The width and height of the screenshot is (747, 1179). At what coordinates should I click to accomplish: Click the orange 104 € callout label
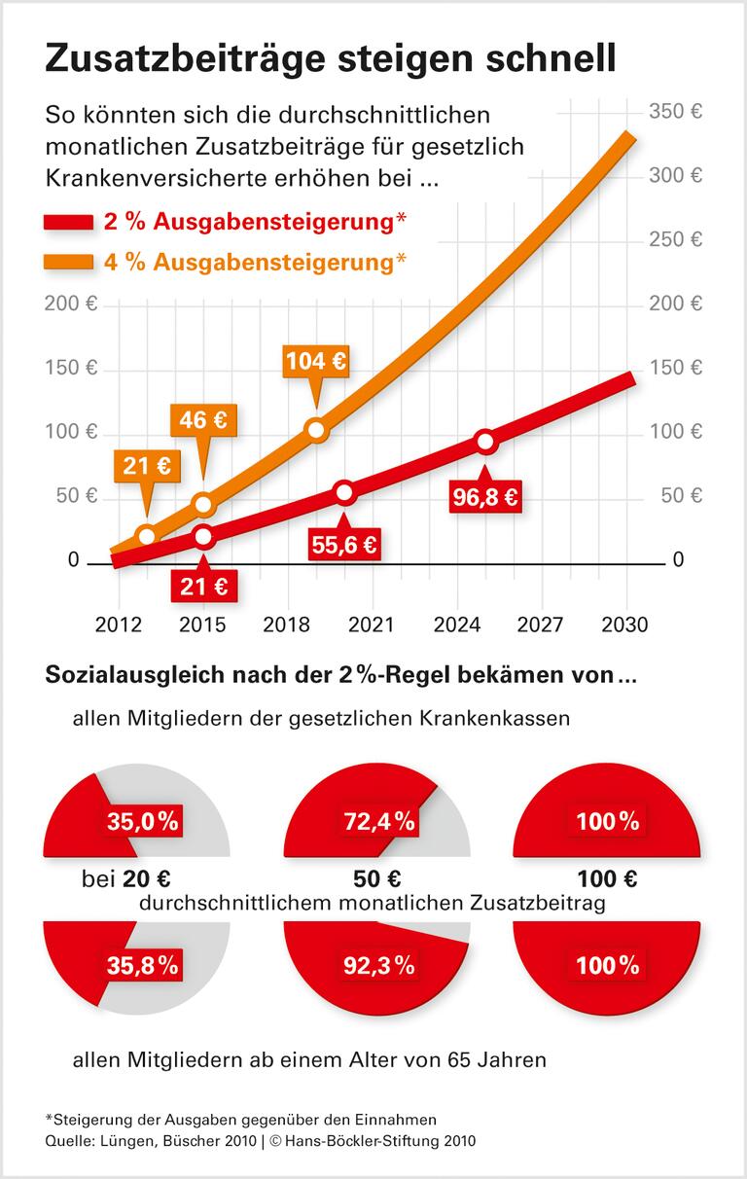(315, 362)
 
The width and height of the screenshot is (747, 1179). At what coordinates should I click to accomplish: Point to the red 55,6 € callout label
(344, 545)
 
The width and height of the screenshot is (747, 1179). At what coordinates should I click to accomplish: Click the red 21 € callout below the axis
(203, 586)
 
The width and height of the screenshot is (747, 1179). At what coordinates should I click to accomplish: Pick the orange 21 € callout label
(147, 467)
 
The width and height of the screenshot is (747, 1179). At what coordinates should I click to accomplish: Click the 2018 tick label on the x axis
(287, 625)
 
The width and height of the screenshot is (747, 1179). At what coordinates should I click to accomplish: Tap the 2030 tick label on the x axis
(624, 625)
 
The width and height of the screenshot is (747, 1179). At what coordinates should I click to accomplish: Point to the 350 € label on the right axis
(675, 111)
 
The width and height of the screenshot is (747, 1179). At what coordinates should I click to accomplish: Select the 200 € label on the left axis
(71, 304)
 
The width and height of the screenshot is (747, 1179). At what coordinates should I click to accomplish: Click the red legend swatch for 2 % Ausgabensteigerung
(68, 223)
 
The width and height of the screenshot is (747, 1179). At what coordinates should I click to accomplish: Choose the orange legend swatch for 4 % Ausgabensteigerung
(68, 262)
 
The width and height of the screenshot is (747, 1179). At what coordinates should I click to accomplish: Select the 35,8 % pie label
(142, 965)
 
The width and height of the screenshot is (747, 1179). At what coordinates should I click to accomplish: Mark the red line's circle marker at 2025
(486, 442)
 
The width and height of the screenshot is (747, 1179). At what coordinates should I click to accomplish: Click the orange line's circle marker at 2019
(316, 429)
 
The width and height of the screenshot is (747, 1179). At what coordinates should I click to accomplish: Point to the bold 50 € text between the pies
(377, 879)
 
